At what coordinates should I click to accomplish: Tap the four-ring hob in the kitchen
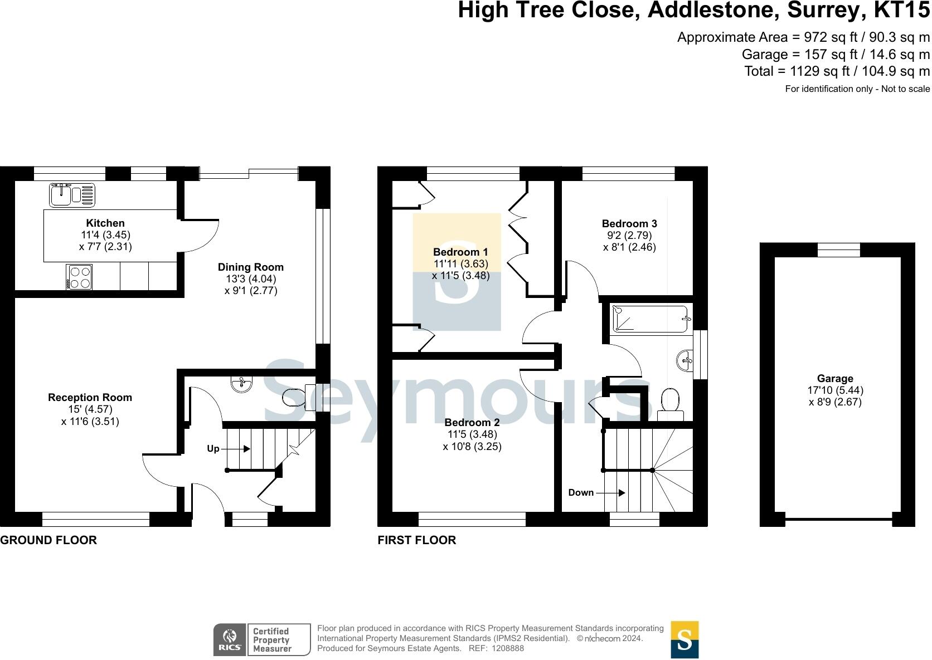click(79, 277)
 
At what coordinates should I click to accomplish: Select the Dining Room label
click(250, 267)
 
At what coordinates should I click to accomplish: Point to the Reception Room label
click(90, 398)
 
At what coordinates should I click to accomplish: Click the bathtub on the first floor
click(650, 319)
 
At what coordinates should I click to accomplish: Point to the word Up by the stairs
click(213, 449)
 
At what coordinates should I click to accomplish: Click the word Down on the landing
click(581, 493)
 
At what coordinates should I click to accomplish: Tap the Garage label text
click(834, 379)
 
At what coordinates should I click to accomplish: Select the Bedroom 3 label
click(629, 224)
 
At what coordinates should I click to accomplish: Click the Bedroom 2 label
click(472, 423)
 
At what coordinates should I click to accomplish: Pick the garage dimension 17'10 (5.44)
click(834, 390)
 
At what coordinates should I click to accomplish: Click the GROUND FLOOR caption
click(48, 540)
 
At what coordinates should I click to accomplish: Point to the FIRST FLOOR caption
click(416, 540)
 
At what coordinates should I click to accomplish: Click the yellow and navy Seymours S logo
click(684, 639)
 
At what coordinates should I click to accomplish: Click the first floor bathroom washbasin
click(685, 361)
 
